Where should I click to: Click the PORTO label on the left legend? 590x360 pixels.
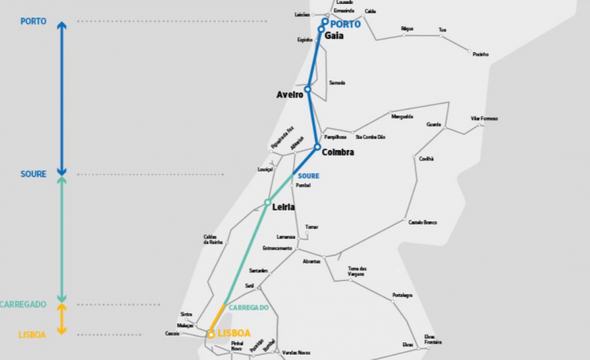pyautogui.click(x=34, y=21)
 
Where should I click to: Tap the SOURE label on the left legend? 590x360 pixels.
pyautogui.click(x=34, y=175)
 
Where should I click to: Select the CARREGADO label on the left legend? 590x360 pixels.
pyautogui.click(x=24, y=304)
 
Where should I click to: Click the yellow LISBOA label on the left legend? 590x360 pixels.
pyautogui.click(x=32, y=335)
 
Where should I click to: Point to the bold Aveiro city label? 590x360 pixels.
pyautogui.click(x=289, y=95)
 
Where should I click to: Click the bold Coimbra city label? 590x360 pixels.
pyautogui.click(x=338, y=152)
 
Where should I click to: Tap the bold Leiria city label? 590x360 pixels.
pyautogui.click(x=284, y=207)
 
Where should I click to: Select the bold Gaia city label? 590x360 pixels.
pyautogui.click(x=334, y=35)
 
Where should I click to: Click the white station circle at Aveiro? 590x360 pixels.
pyautogui.click(x=308, y=90)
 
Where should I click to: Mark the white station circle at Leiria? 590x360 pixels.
pyautogui.click(x=267, y=203)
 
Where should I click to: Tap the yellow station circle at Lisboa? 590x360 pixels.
pyautogui.click(x=211, y=334)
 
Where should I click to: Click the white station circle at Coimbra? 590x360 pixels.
pyautogui.click(x=317, y=147)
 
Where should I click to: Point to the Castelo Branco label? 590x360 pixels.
pyautogui.click(x=422, y=222)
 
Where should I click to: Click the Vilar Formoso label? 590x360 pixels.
pyautogui.click(x=484, y=119)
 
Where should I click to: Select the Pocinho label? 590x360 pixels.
pyautogui.click(x=480, y=54)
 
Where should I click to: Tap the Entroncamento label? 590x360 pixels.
pyautogui.click(x=277, y=248)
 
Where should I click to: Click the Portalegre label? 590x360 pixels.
pyautogui.click(x=402, y=295)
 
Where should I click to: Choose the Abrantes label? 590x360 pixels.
pyautogui.click(x=311, y=261)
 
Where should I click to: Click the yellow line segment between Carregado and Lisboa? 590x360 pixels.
pyautogui.click(x=218, y=318)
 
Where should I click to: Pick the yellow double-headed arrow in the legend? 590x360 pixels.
pyautogui.click(x=62, y=319)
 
